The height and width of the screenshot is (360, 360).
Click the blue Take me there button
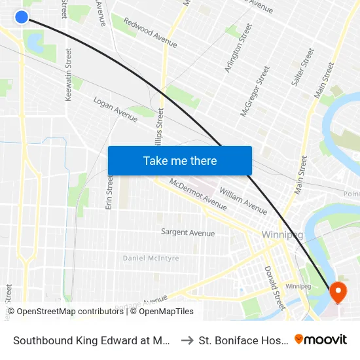pos(180,161)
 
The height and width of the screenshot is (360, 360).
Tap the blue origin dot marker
pos(22,17)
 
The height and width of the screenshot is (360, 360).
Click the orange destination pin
pos(338,292)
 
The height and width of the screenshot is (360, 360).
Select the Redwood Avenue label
pos(151,33)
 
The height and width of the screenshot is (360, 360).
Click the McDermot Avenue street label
pos(198,194)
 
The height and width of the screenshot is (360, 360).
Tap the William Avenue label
pos(243,201)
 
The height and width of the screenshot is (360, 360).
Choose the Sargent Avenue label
pos(188,232)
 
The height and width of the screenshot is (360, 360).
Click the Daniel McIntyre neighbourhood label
pos(151,259)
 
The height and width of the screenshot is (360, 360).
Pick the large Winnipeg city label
pos(281,235)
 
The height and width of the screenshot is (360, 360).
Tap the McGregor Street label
pos(255,91)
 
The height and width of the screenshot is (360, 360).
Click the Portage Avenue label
pos(141,303)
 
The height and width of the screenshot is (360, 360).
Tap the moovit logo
pos(321,339)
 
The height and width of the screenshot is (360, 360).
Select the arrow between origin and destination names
pos(187,340)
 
